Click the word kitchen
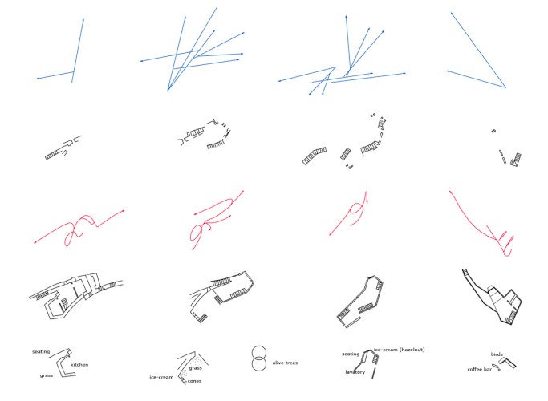[79, 365]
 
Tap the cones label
[194, 381]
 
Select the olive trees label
[285, 363]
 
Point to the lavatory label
[355, 372]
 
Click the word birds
[497, 354]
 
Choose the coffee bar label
[480, 369]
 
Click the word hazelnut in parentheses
[412, 350]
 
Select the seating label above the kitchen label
[41, 352]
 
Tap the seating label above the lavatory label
[351, 354]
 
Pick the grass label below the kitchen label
[46, 375]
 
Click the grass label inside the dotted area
[195, 368]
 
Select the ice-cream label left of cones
[161, 377]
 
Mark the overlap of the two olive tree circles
[259, 358]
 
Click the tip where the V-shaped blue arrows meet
[505, 87]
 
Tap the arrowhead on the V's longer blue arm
[452, 14]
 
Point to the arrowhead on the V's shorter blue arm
[448, 71]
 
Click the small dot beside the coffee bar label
[499, 370]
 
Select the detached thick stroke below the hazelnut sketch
[374, 372]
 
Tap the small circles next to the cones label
[182, 379]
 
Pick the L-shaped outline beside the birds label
[509, 362]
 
